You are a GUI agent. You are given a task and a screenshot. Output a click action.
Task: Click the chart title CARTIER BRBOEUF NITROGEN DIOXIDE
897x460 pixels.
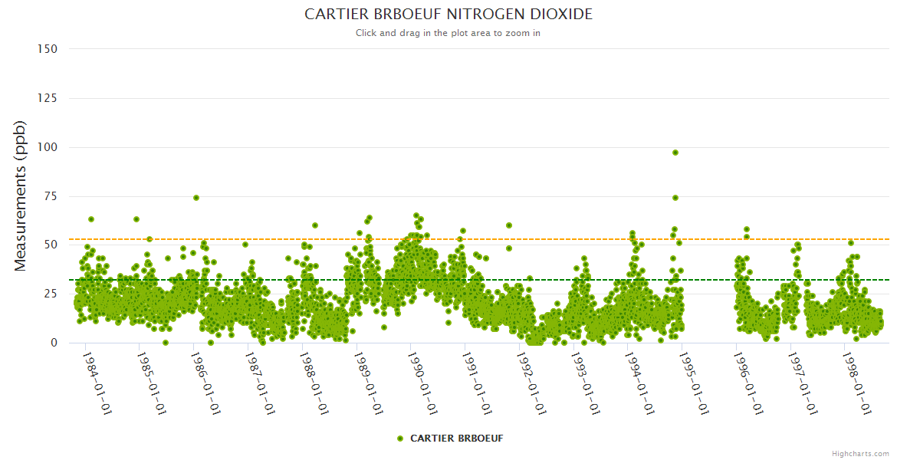[449, 15]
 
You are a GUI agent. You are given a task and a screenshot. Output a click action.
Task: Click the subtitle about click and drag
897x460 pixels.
[449, 33]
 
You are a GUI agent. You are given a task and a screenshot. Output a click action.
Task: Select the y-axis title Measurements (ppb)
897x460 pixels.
[21, 195]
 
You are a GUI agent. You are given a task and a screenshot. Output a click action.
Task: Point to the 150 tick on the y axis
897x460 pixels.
[48, 49]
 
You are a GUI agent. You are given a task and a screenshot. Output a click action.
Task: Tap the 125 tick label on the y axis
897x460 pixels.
[48, 98]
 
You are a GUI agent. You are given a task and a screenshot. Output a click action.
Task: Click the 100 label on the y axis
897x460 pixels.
[48, 147]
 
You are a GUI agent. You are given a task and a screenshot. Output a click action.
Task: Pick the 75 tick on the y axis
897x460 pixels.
[51, 196]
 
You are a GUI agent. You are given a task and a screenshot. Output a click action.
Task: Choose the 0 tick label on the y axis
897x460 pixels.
[54, 343]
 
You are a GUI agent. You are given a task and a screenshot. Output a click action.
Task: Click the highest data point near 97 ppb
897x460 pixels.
[675, 153]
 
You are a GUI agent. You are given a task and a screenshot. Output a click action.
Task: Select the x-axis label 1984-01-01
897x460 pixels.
[97, 383]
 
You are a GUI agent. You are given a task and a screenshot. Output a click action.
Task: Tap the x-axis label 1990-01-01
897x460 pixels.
[422, 383]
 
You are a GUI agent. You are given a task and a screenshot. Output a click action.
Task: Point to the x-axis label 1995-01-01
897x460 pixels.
[693, 383]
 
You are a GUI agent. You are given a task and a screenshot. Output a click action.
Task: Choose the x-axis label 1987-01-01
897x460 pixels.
[259, 383]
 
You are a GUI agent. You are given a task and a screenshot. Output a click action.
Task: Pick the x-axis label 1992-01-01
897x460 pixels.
[531, 383]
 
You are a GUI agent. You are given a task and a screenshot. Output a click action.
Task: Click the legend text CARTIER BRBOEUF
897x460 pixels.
[457, 439]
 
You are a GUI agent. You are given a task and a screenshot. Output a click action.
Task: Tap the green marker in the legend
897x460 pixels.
[399, 439]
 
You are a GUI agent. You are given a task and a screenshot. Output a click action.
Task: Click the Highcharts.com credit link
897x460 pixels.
[860, 454]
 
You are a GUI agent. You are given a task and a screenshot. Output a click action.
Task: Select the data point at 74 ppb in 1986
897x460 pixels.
[196, 198]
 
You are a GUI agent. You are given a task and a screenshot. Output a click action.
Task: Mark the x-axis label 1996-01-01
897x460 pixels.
[747, 383]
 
